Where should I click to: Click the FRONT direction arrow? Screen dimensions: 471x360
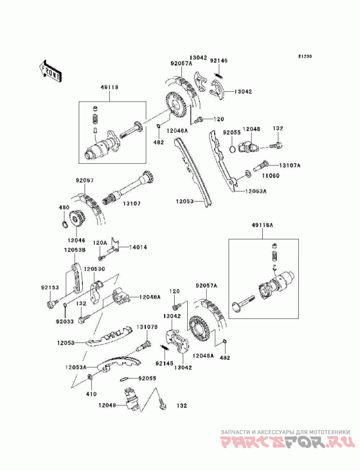coord(50,71)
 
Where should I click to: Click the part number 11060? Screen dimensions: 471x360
coord(271,175)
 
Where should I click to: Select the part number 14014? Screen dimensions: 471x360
coord(138,247)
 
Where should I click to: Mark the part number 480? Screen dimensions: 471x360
coord(63,207)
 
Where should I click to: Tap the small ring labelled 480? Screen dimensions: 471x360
coord(65,224)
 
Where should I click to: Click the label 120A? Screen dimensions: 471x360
coord(99,242)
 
